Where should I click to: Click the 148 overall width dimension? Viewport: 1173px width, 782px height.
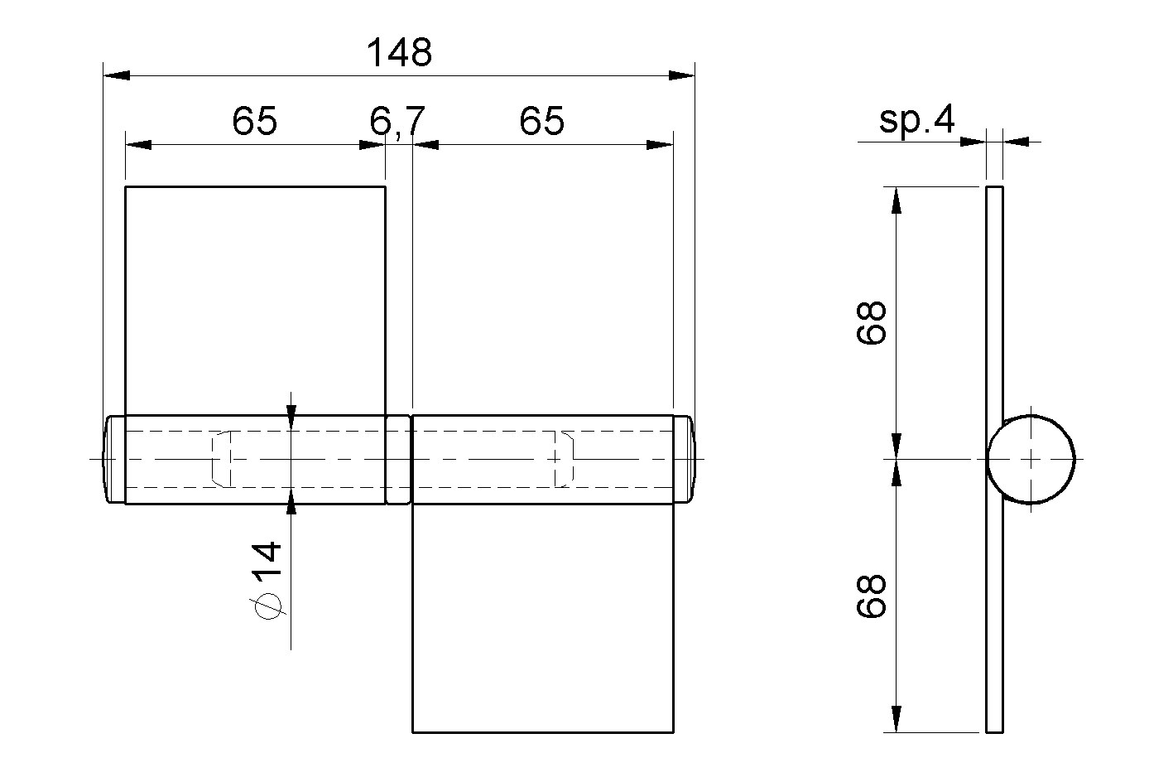(x=399, y=53)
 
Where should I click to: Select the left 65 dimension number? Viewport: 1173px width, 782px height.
(x=254, y=121)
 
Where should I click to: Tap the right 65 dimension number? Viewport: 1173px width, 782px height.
(x=542, y=121)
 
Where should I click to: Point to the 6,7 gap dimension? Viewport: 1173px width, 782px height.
(x=397, y=123)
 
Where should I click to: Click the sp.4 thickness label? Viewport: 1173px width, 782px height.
(x=916, y=121)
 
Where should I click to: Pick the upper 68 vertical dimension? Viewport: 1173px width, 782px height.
(x=872, y=322)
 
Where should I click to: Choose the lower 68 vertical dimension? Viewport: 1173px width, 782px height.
(x=872, y=597)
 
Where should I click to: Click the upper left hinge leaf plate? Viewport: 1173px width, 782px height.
(x=255, y=301)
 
